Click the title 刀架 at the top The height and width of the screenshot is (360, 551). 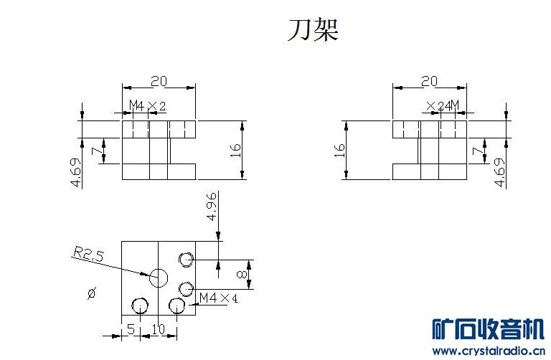click(313, 30)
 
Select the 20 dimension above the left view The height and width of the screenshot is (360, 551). click(159, 82)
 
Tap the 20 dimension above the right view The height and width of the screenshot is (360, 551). click(430, 82)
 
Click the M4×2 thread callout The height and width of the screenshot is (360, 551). click(147, 105)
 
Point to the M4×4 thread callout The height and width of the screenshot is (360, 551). click(218, 298)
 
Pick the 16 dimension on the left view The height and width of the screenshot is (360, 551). click(236, 151)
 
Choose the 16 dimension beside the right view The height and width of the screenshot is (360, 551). click(339, 151)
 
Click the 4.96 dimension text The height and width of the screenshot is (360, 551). click(212, 206)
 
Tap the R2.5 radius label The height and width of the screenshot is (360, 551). click(88, 254)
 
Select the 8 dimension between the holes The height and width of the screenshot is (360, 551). click(242, 274)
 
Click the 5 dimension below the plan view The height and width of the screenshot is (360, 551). click(131, 329)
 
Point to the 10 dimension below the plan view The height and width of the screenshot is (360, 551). click(158, 329)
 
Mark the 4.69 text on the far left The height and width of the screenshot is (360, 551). click(76, 172)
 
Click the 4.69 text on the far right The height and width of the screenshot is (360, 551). click(499, 172)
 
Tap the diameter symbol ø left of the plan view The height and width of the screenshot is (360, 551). click(92, 293)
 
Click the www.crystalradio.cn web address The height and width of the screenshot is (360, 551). click(489, 351)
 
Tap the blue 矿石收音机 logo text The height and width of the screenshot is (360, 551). click(489, 328)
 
